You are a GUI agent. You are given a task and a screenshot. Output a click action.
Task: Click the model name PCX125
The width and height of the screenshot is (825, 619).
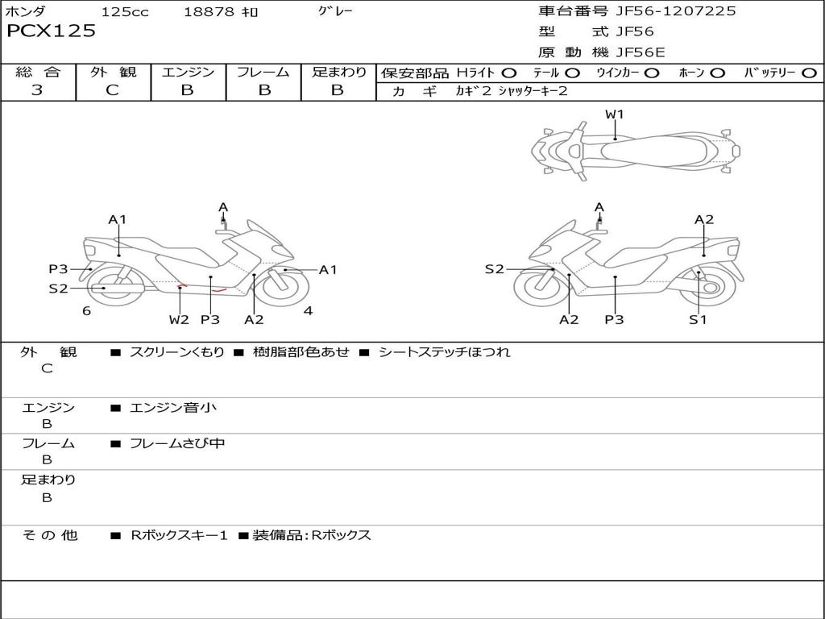[51, 31]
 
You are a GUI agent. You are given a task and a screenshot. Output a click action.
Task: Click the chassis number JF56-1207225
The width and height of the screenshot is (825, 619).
[675, 10]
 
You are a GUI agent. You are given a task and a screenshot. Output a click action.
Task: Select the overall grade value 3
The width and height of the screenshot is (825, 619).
[37, 90]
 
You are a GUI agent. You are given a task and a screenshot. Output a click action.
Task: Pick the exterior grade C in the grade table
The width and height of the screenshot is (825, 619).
[112, 90]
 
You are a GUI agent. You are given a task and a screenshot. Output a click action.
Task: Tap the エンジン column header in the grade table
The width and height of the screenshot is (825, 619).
[188, 72]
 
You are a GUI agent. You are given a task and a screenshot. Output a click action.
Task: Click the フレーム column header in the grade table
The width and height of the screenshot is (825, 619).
[263, 72]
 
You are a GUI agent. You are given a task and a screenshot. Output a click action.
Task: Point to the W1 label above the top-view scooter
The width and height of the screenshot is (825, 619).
[615, 114]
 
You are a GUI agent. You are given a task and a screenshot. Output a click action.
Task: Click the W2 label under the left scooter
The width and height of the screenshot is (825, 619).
[179, 320]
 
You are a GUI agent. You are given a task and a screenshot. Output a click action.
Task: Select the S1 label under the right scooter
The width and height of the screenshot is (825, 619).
[698, 320]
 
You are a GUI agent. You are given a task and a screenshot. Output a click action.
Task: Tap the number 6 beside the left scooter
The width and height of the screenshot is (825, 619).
[86, 311]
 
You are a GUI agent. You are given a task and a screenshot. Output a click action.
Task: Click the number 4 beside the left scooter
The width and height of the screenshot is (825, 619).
[308, 311]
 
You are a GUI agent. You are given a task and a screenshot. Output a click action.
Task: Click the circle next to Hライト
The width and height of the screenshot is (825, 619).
[510, 73]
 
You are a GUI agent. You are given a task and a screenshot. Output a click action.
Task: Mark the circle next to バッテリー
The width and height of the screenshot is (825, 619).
[810, 73]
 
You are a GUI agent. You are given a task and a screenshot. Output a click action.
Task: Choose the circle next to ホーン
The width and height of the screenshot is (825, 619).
[717, 73]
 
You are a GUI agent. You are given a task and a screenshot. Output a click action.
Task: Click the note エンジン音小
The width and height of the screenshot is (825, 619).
[173, 408]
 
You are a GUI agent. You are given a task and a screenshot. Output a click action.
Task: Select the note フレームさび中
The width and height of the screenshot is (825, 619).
[177, 443]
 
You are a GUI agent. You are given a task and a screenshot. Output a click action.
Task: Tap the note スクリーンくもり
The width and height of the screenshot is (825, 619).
[177, 352]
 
